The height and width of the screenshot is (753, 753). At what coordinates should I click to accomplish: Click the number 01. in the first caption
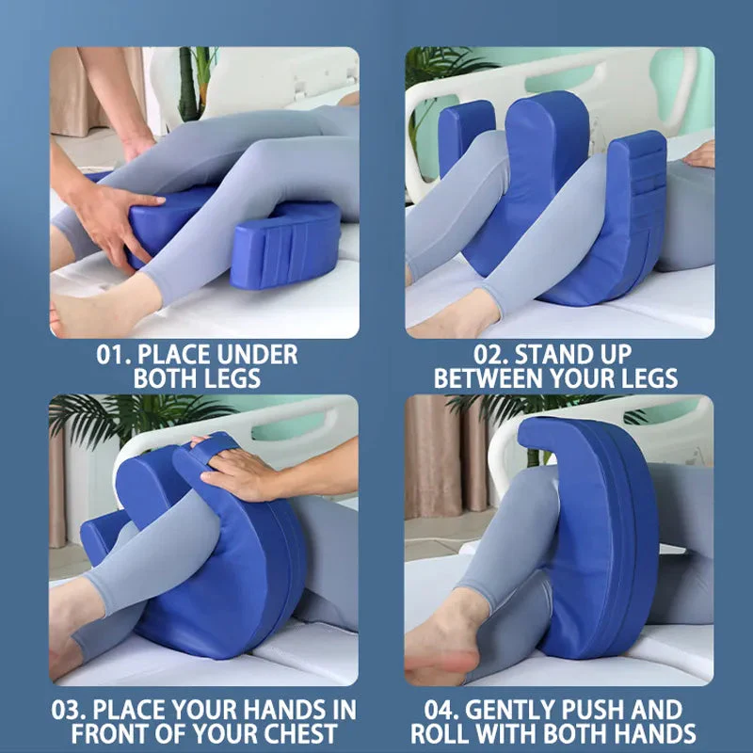[116, 356]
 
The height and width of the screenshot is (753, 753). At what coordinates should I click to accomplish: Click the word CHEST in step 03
[308, 733]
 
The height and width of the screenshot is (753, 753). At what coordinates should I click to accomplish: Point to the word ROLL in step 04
[441, 733]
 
